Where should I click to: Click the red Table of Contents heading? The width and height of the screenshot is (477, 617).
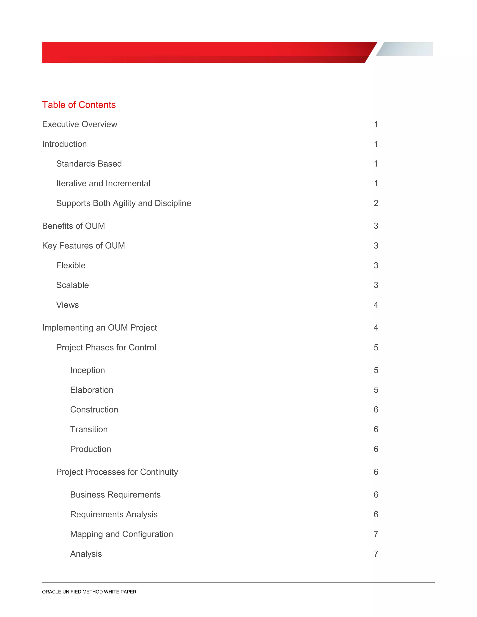click(79, 105)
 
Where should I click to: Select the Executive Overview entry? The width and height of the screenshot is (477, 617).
click(80, 124)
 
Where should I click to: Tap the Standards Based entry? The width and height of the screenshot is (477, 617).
click(89, 164)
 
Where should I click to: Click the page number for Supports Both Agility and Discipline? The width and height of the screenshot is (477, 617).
click(376, 203)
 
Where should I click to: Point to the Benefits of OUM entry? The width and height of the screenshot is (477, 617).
click(73, 226)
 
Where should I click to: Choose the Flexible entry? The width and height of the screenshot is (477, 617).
click(71, 266)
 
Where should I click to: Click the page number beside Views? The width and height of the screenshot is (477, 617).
click(376, 305)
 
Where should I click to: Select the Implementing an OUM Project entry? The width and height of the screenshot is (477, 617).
click(99, 328)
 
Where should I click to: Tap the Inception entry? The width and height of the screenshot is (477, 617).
click(88, 370)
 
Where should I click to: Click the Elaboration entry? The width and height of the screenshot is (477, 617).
click(92, 390)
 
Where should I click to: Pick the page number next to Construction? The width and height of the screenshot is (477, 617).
click(376, 410)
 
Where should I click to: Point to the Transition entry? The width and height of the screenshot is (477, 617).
click(89, 429)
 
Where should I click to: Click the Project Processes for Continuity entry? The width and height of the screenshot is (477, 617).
click(117, 472)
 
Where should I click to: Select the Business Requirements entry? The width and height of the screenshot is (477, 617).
click(115, 495)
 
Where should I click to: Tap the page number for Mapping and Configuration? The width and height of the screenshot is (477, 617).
click(376, 534)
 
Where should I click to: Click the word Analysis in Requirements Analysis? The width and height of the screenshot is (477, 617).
click(142, 515)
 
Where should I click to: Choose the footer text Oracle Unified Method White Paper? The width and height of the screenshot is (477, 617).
click(89, 592)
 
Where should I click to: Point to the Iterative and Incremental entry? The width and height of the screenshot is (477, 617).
click(103, 184)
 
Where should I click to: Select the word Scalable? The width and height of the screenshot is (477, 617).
click(73, 285)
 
